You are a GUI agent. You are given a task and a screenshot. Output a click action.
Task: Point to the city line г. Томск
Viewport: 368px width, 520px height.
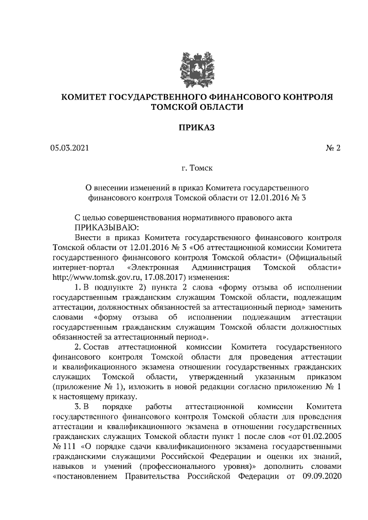pyautogui.click(x=197, y=169)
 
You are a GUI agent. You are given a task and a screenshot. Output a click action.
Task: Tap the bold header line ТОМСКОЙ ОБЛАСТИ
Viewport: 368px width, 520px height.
pyautogui.click(x=197, y=106)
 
